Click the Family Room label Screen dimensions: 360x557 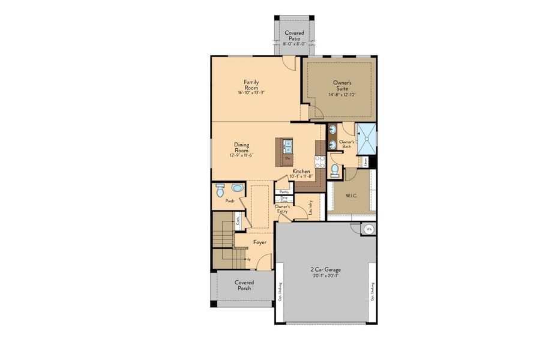point(251,85)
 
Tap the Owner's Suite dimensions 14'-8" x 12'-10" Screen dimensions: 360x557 point(342,95)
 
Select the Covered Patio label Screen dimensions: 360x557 point(294,35)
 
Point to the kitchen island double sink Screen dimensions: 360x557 point(288,144)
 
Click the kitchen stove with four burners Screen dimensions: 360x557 point(320,161)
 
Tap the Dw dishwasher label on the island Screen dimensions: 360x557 point(288,158)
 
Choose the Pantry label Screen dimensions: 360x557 point(284,191)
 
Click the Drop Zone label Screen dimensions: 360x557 point(284,199)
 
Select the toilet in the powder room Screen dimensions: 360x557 point(220,190)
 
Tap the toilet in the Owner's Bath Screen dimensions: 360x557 point(334,172)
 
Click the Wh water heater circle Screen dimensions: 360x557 point(370,229)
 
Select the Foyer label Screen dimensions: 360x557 point(260,242)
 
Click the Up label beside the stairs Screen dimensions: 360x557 point(248,259)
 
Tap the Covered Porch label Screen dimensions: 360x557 point(244,285)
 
